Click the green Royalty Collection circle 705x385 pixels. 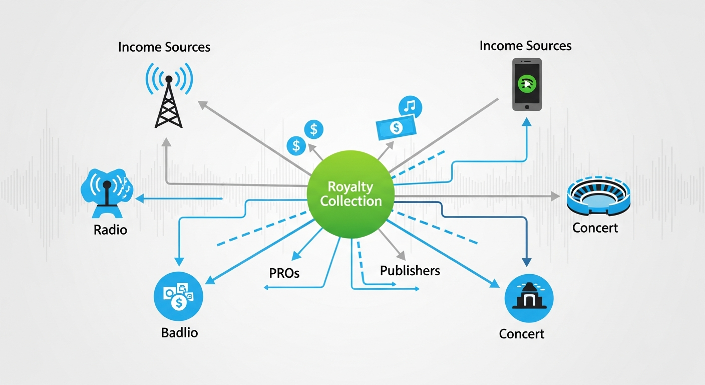350,195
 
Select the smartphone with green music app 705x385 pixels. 527,84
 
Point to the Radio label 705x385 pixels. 110,230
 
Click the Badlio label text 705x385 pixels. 179,332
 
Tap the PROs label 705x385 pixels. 284,273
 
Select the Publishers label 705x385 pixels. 410,271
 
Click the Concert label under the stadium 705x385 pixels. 595,228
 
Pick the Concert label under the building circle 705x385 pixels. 521,334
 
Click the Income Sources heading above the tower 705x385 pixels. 164,48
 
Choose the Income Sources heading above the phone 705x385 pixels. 525,46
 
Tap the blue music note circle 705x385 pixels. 410,106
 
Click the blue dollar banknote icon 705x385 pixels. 396,127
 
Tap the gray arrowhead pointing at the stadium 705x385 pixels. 555,196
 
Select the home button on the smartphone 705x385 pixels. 527,107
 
